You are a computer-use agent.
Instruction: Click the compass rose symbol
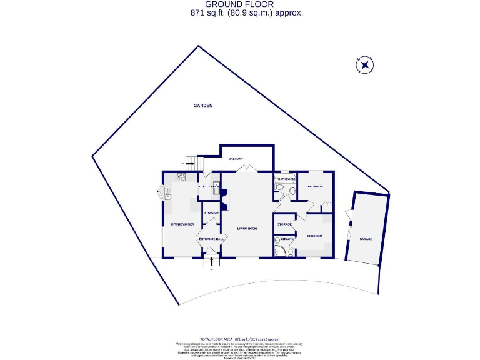(364, 65)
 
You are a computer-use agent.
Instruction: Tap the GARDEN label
(202, 106)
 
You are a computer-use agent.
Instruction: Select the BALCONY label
(235, 158)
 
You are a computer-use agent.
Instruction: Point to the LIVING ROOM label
(247, 228)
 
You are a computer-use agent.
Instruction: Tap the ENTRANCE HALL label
(211, 239)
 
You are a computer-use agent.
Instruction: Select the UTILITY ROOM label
(209, 186)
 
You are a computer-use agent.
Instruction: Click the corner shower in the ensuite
(287, 251)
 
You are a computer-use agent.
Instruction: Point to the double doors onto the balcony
(248, 169)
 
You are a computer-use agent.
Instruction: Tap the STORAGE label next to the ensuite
(285, 224)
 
